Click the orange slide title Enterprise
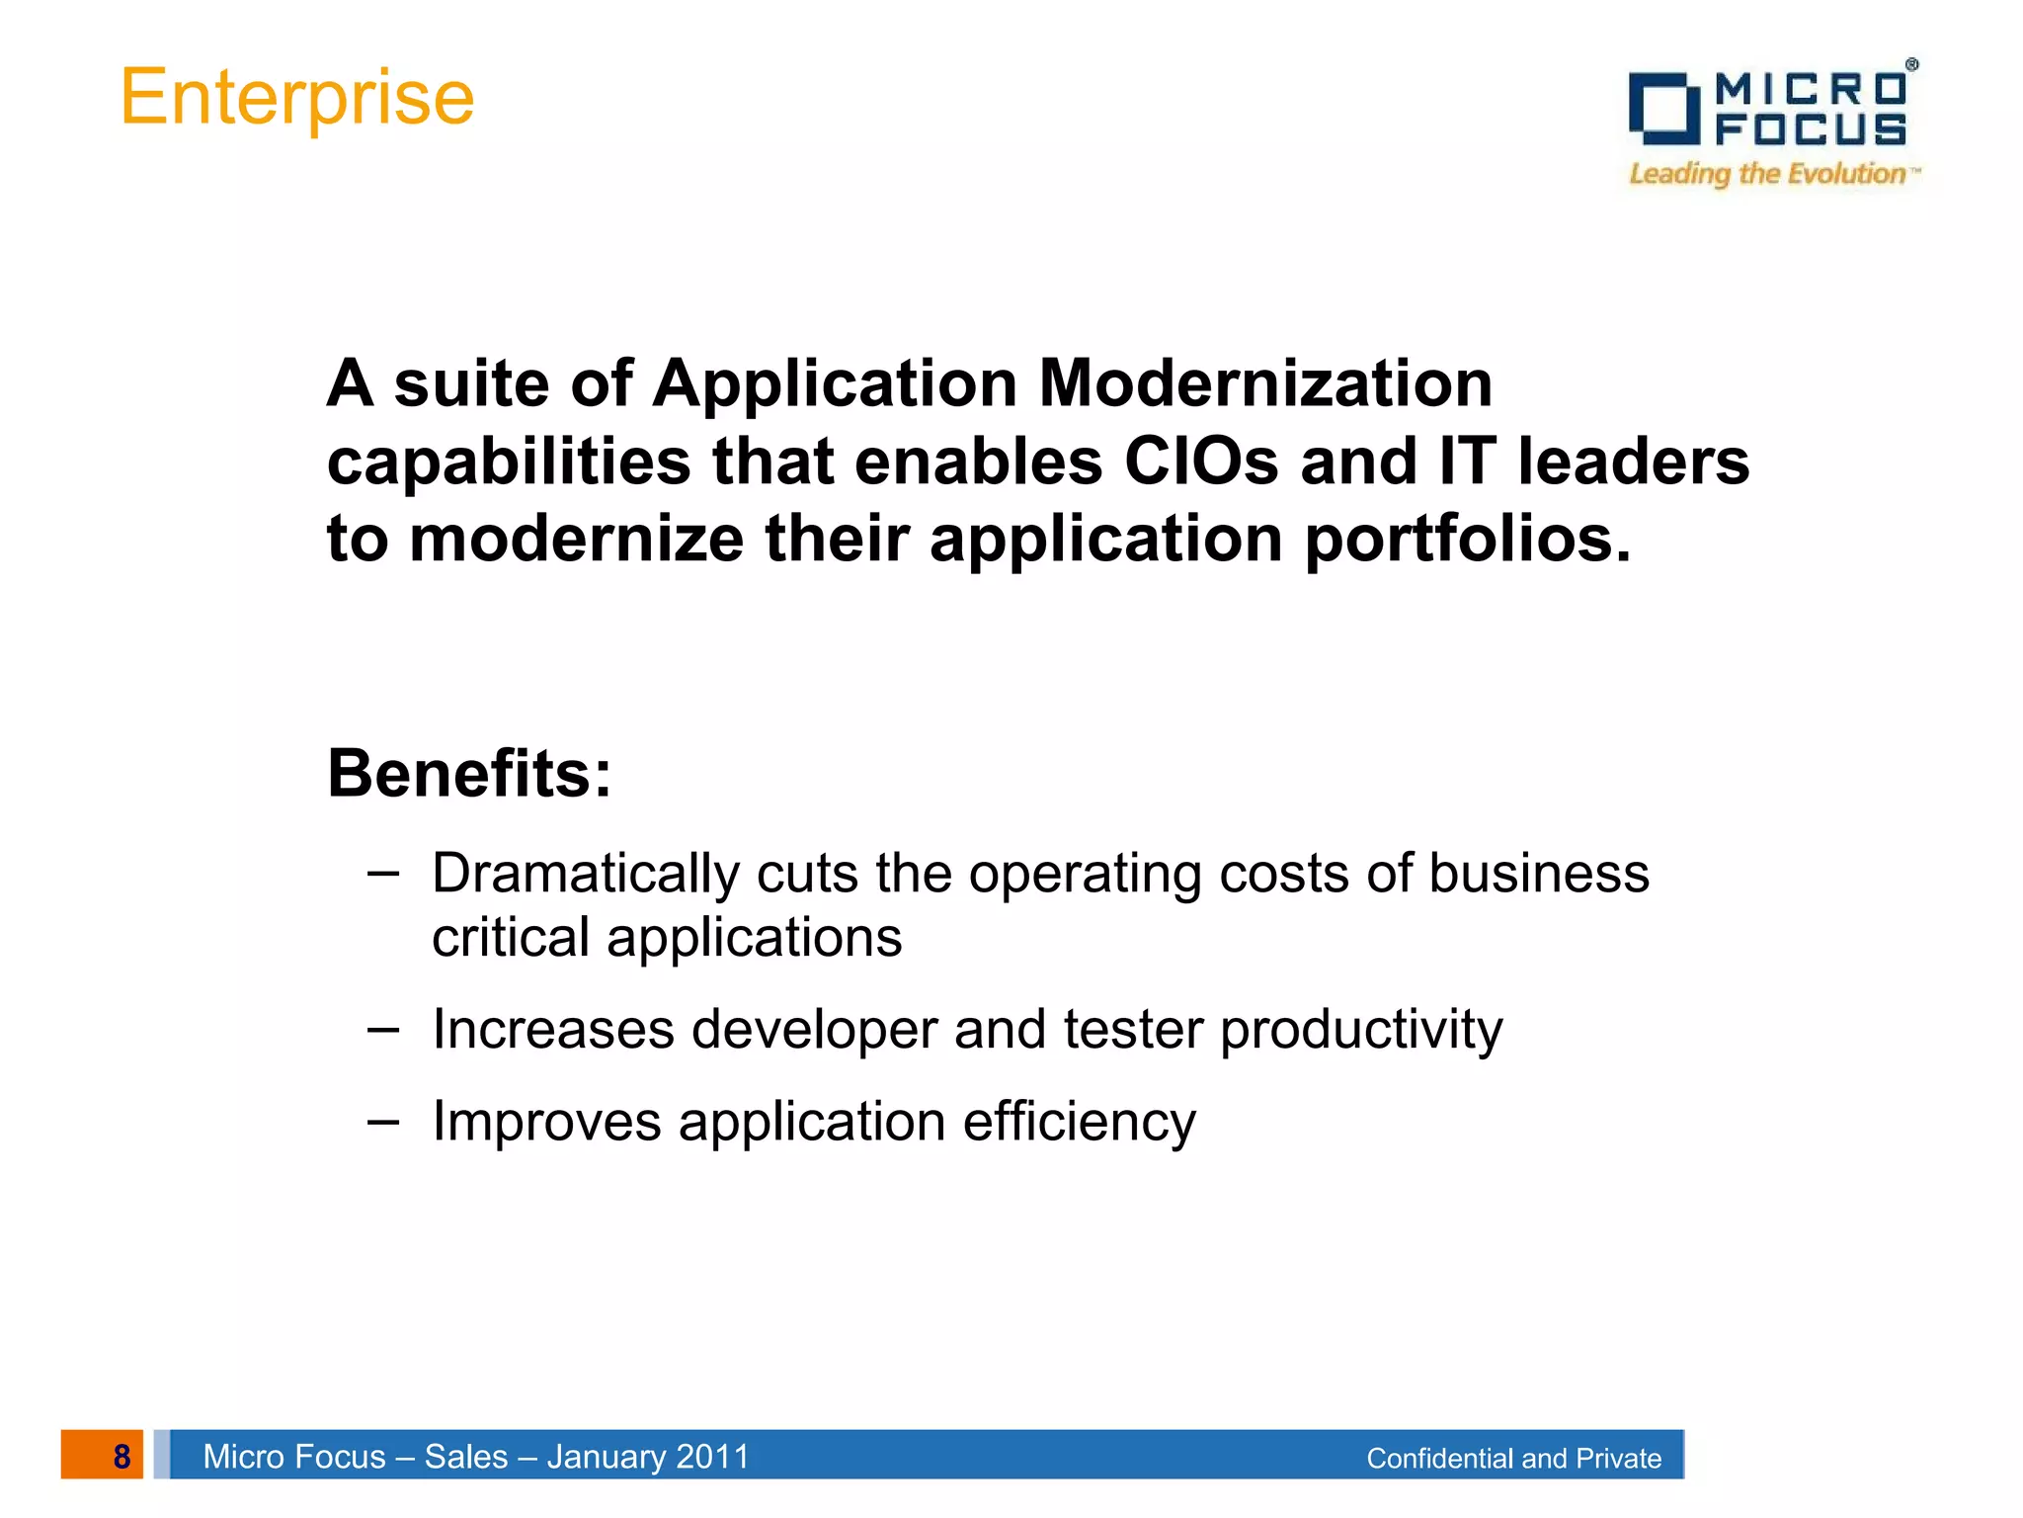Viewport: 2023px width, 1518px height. coord(296,98)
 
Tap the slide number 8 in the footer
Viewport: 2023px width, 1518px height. coord(121,1456)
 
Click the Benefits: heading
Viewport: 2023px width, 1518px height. coord(469,773)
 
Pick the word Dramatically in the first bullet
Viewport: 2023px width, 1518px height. coord(586,874)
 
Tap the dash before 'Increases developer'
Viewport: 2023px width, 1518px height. coord(382,1029)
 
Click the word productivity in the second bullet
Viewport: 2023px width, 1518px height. coord(1361,1031)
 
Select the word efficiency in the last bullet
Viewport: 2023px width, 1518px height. coord(1079,1123)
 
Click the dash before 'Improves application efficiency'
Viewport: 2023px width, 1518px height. coord(382,1121)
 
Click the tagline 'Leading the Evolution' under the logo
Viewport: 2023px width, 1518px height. coord(1768,174)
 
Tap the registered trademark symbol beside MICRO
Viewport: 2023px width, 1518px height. coord(1911,64)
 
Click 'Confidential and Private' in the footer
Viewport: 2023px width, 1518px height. coord(1513,1459)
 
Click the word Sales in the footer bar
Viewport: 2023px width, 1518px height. coord(466,1457)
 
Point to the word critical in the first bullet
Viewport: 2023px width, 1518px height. coord(510,937)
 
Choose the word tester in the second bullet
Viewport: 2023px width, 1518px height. coord(1132,1030)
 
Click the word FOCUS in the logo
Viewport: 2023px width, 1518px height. coord(1811,129)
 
